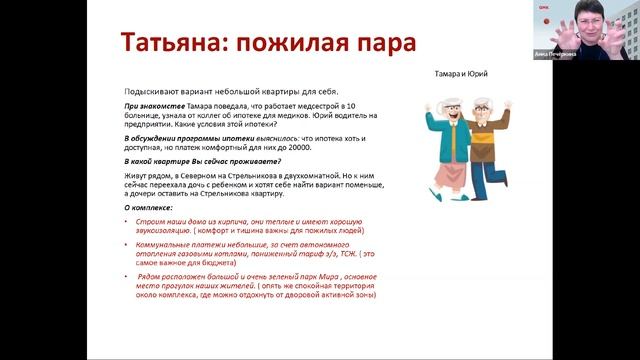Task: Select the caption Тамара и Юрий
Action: coord(463,74)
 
